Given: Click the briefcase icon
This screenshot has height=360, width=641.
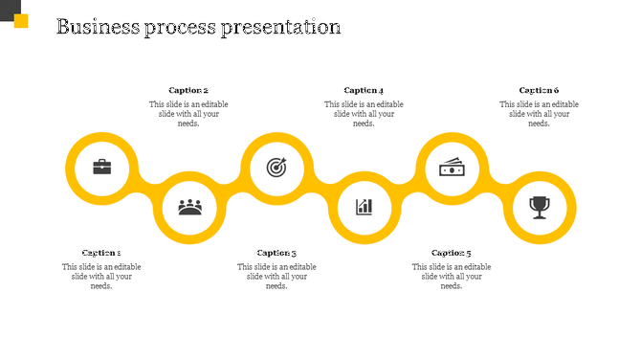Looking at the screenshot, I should pyautogui.click(x=101, y=168).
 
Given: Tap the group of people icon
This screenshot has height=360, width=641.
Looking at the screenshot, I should pyautogui.click(x=190, y=206).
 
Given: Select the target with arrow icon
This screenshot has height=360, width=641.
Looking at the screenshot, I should pyautogui.click(x=276, y=168).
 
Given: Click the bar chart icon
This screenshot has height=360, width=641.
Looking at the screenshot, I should pyautogui.click(x=365, y=206).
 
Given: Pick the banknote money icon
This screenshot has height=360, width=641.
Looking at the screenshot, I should pyautogui.click(x=452, y=168).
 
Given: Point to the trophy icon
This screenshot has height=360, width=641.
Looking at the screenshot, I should pyautogui.click(x=540, y=206).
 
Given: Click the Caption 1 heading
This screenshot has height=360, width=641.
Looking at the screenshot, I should pyautogui.click(x=101, y=253).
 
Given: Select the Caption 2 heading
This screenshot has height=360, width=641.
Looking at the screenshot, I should pyautogui.click(x=188, y=90).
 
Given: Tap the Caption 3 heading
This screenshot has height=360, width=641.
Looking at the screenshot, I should pyautogui.click(x=276, y=253).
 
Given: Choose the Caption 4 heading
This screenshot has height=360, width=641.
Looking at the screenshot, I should pyautogui.click(x=364, y=90).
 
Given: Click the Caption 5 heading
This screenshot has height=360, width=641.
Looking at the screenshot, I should pyautogui.click(x=452, y=253).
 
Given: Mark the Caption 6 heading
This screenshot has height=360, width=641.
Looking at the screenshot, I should pyautogui.click(x=539, y=90).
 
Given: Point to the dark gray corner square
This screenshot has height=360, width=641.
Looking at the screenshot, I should pyautogui.click(x=7, y=8).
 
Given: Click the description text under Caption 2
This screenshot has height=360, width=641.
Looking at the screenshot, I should pyautogui.click(x=188, y=114).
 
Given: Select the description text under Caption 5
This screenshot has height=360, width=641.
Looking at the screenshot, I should pyautogui.click(x=452, y=276).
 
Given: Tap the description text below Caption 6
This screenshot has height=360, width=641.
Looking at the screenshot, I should pyautogui.click(x=539, y=114).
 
